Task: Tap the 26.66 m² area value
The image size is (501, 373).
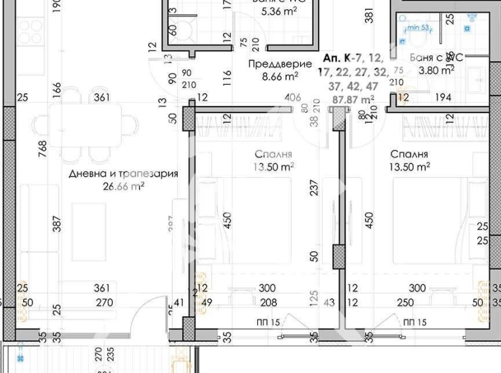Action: point(124,186)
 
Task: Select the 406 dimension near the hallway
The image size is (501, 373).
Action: point(292,98)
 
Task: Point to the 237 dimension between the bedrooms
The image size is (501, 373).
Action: point(315,190)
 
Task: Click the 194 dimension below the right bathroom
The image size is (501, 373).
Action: point(443,98)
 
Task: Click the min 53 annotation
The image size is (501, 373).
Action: point(418,28)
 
